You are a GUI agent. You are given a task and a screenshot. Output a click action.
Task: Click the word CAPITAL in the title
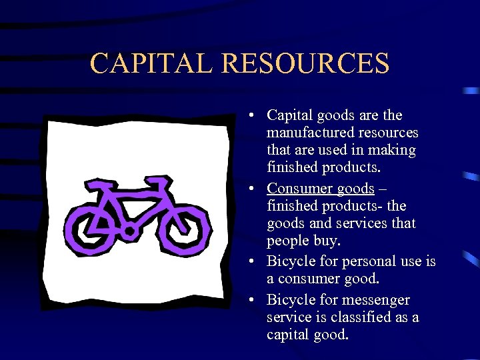(x=151, y=63)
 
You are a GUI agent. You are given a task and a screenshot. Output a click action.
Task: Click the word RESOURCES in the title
(x=305, y=63)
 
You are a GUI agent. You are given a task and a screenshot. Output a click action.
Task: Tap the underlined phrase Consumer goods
(x=320, y=189)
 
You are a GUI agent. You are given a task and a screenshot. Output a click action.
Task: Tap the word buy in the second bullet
(x=333, y=240)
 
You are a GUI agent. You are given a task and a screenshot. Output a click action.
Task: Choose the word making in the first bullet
(x=395, y=150)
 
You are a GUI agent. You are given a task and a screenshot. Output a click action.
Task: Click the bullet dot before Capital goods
(x=247, y=116)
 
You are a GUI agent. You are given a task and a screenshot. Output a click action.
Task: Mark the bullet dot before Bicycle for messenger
(x=247, y=301)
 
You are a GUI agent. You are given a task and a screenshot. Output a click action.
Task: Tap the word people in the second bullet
(x=287, y=240)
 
